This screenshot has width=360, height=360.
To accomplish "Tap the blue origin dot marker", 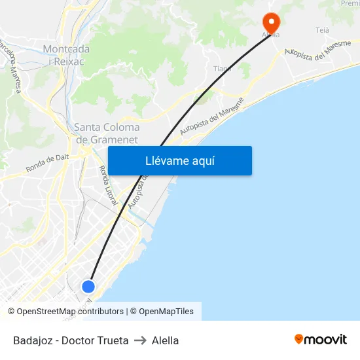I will (88, 286).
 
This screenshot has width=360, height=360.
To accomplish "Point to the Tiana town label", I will (223, 69).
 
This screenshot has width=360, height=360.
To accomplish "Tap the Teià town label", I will (322, 31).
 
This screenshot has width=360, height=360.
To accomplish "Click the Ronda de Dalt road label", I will (47, 162).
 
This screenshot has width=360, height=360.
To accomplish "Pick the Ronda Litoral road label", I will (107, 185).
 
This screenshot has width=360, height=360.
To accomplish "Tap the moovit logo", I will (320, 339).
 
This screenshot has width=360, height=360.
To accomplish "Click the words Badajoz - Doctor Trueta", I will (71, 340).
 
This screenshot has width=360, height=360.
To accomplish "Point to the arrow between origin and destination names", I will (140, 340).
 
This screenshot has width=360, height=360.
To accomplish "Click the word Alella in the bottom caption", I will (165, 340).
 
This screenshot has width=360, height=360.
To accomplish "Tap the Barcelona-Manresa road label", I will (12, 65).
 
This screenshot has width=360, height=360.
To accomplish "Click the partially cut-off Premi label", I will (350, 4).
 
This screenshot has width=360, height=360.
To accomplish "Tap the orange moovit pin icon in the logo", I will (299, 339).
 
